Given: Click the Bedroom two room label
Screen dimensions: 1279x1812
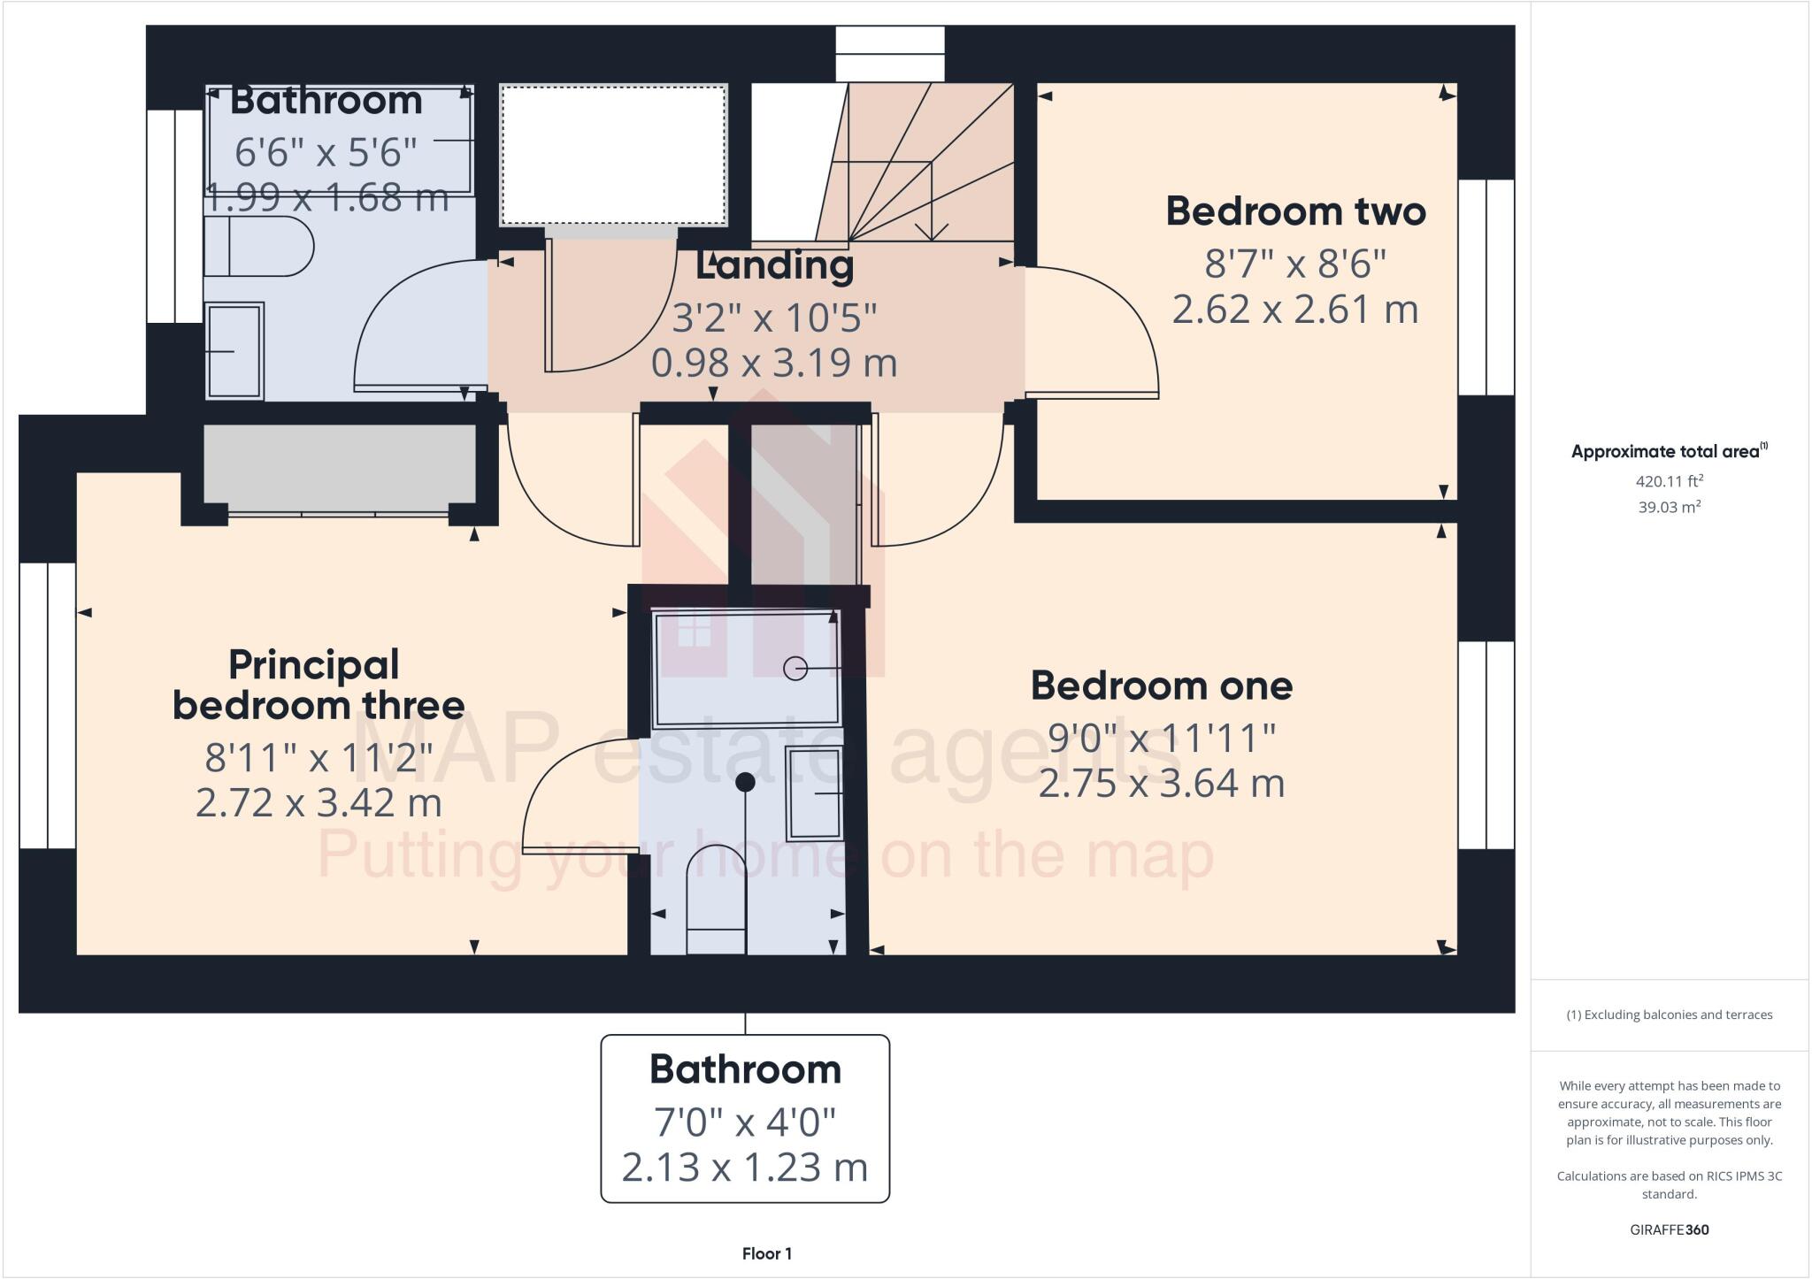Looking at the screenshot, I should pos(1295,211).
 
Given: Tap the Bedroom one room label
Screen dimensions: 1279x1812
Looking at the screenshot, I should pos(1161,686).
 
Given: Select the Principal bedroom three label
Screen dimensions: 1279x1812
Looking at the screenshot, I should pos(318,685).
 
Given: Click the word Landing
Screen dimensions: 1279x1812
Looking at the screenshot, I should pos(774,266).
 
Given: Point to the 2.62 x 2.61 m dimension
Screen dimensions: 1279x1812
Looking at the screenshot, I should pos(1295,310).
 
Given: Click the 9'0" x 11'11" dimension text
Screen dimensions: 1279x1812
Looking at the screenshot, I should pos(1161,738).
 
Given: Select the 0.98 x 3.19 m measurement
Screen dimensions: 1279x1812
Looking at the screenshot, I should pos(774,364).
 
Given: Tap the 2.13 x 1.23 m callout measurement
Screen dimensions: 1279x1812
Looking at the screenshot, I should pos(744,1168).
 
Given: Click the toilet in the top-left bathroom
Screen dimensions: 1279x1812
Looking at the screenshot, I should pos(258,247).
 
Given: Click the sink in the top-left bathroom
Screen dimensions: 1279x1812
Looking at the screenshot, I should pos(234,351).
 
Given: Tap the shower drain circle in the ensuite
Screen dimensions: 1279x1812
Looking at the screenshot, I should pos(795,669).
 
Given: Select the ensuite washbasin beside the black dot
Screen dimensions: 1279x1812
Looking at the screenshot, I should pos(814,793).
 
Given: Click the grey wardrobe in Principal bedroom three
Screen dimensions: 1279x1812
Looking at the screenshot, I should pos(340,467).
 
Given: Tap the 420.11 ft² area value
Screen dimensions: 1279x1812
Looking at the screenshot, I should pos(1669,482).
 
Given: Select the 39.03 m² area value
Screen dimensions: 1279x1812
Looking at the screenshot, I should pos(1669,508).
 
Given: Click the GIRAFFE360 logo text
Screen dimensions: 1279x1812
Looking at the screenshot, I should pos(1669,1229).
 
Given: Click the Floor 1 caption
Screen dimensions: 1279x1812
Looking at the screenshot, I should pos(766,1253).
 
